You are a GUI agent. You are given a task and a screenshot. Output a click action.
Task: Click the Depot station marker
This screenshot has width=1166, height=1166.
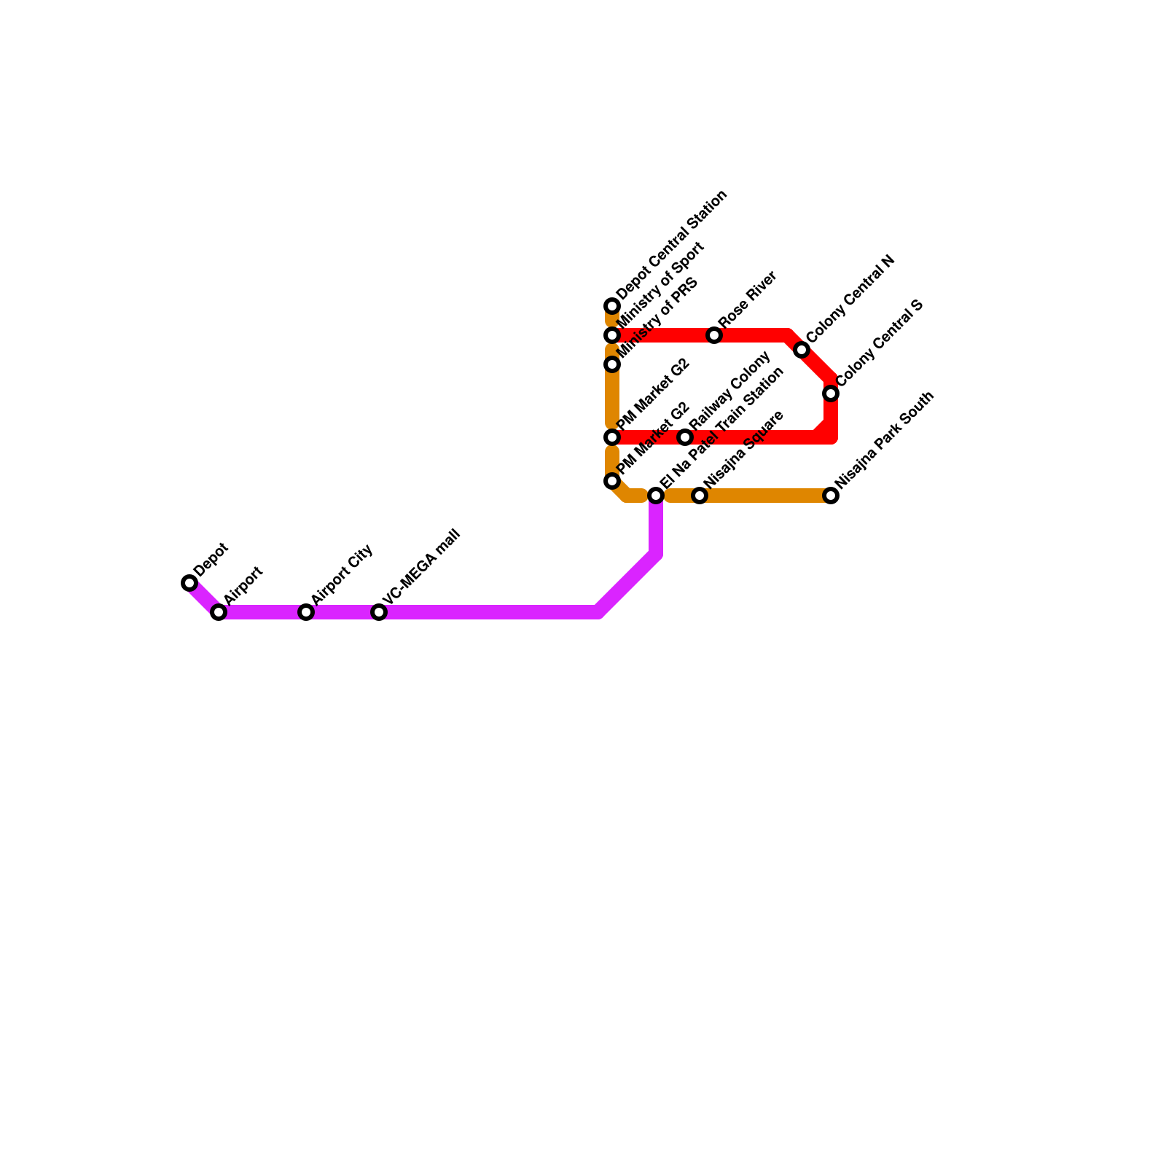[189, 583]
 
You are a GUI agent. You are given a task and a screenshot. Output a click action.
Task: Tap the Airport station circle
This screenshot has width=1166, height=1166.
[219, 612]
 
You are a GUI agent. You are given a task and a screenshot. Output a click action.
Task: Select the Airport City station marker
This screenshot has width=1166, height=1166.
[306, 612]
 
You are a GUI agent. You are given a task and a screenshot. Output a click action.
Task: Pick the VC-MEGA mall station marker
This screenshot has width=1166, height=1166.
[379, 612]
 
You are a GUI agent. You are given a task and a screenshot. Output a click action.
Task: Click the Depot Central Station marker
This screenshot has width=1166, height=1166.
[612, 306]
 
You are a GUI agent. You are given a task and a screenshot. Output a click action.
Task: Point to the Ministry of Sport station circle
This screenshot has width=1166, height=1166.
[612, 335]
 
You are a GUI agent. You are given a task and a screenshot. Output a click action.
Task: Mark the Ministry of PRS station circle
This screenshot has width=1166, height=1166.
[612, 364]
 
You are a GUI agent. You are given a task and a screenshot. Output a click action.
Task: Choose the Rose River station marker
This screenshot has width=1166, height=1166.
[714, 335]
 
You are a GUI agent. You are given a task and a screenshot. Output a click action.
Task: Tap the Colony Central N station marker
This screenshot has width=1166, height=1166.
[802, 350]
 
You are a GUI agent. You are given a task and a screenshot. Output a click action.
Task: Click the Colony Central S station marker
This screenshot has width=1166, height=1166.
[831, 394]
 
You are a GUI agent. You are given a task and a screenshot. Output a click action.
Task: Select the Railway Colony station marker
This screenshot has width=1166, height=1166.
[685, 437]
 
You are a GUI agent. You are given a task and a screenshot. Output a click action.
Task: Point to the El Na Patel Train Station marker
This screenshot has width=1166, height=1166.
[656, 496]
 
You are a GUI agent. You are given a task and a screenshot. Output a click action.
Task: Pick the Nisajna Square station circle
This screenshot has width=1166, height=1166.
[700, 496]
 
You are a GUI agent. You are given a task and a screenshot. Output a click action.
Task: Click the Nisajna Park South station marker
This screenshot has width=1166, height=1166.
[831, 496]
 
